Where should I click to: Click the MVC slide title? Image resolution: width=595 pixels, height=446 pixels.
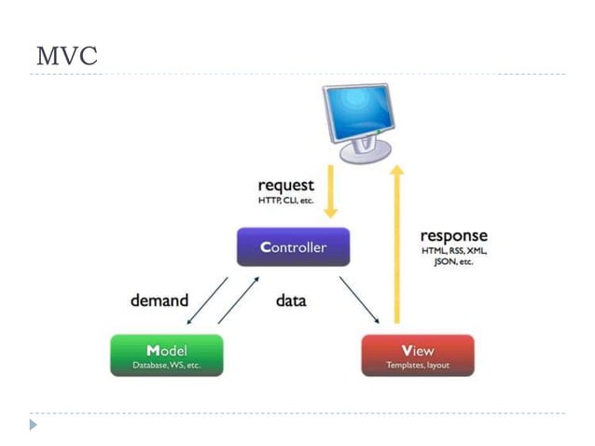pos(66,55)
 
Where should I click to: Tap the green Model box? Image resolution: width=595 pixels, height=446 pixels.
pos(166,355)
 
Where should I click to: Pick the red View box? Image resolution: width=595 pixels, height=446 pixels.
pos(417,355)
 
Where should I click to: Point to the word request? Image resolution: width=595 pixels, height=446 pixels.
pos(285,186)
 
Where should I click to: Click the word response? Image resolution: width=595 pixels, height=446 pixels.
pos(453,235)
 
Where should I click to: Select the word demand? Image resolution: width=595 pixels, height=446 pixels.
pos(159,300)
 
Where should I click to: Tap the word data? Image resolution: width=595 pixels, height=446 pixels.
pos(291,300)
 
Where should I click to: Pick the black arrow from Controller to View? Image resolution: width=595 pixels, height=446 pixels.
pos(359,299)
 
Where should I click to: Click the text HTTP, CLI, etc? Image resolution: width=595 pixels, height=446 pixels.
pos(285,201)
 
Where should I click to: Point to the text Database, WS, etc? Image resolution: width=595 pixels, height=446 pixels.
pos(166,365)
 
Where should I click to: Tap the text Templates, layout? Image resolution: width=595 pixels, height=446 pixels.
pos(417,365)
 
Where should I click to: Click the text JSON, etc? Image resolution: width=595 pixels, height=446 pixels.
pos(453,262)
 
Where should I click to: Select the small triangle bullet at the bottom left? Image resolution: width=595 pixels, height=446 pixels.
pos(34,425)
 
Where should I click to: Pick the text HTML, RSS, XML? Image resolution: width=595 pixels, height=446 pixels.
pos(453,251)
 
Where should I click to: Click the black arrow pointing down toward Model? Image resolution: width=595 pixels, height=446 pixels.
pos(206,300)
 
